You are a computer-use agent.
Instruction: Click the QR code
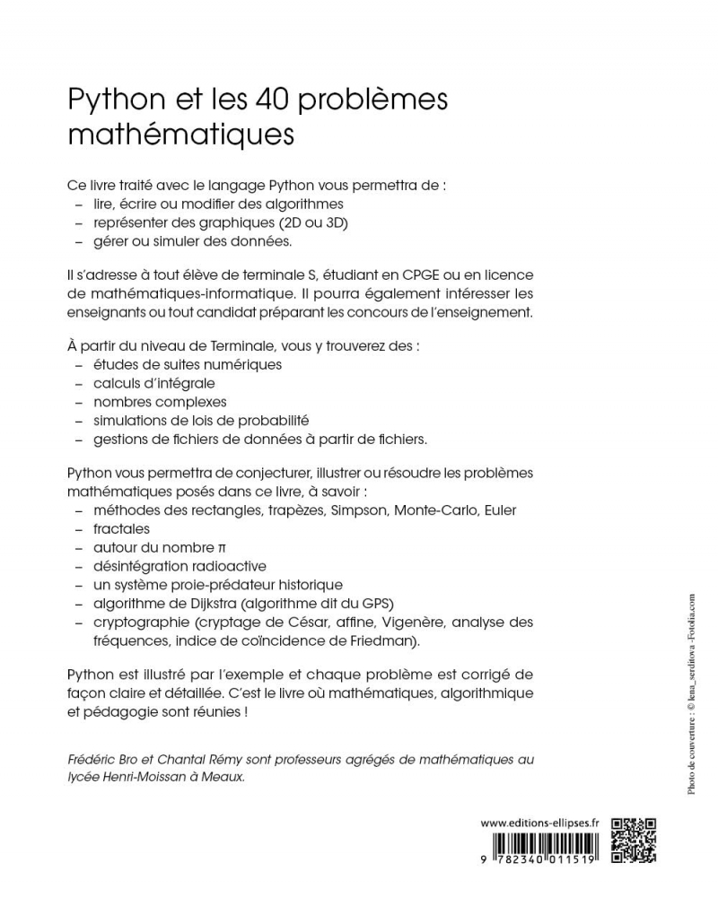pyautogui.click(x=634, y=841)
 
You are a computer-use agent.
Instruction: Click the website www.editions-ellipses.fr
pyautogui.click(x=540, y=823)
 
